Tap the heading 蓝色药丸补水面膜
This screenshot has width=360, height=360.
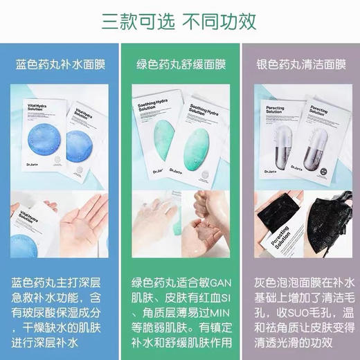tap(60, 66)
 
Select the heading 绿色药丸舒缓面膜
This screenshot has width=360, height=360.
tap(179, 66)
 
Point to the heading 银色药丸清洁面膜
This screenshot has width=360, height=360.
tap(300, 66)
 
